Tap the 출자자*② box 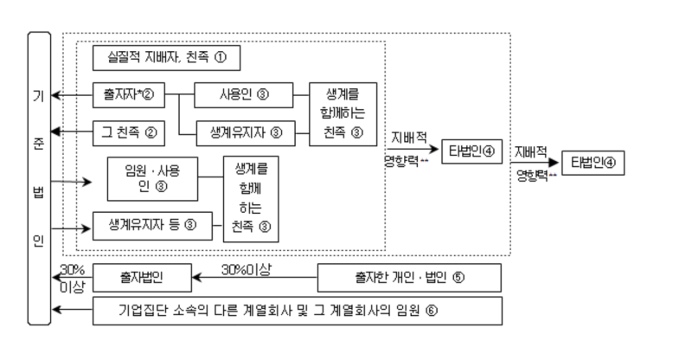pos(128,93)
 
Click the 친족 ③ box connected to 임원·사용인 pos(253,200)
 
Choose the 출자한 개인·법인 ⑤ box pos(410,278)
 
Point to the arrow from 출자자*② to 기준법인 pos(72,93)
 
